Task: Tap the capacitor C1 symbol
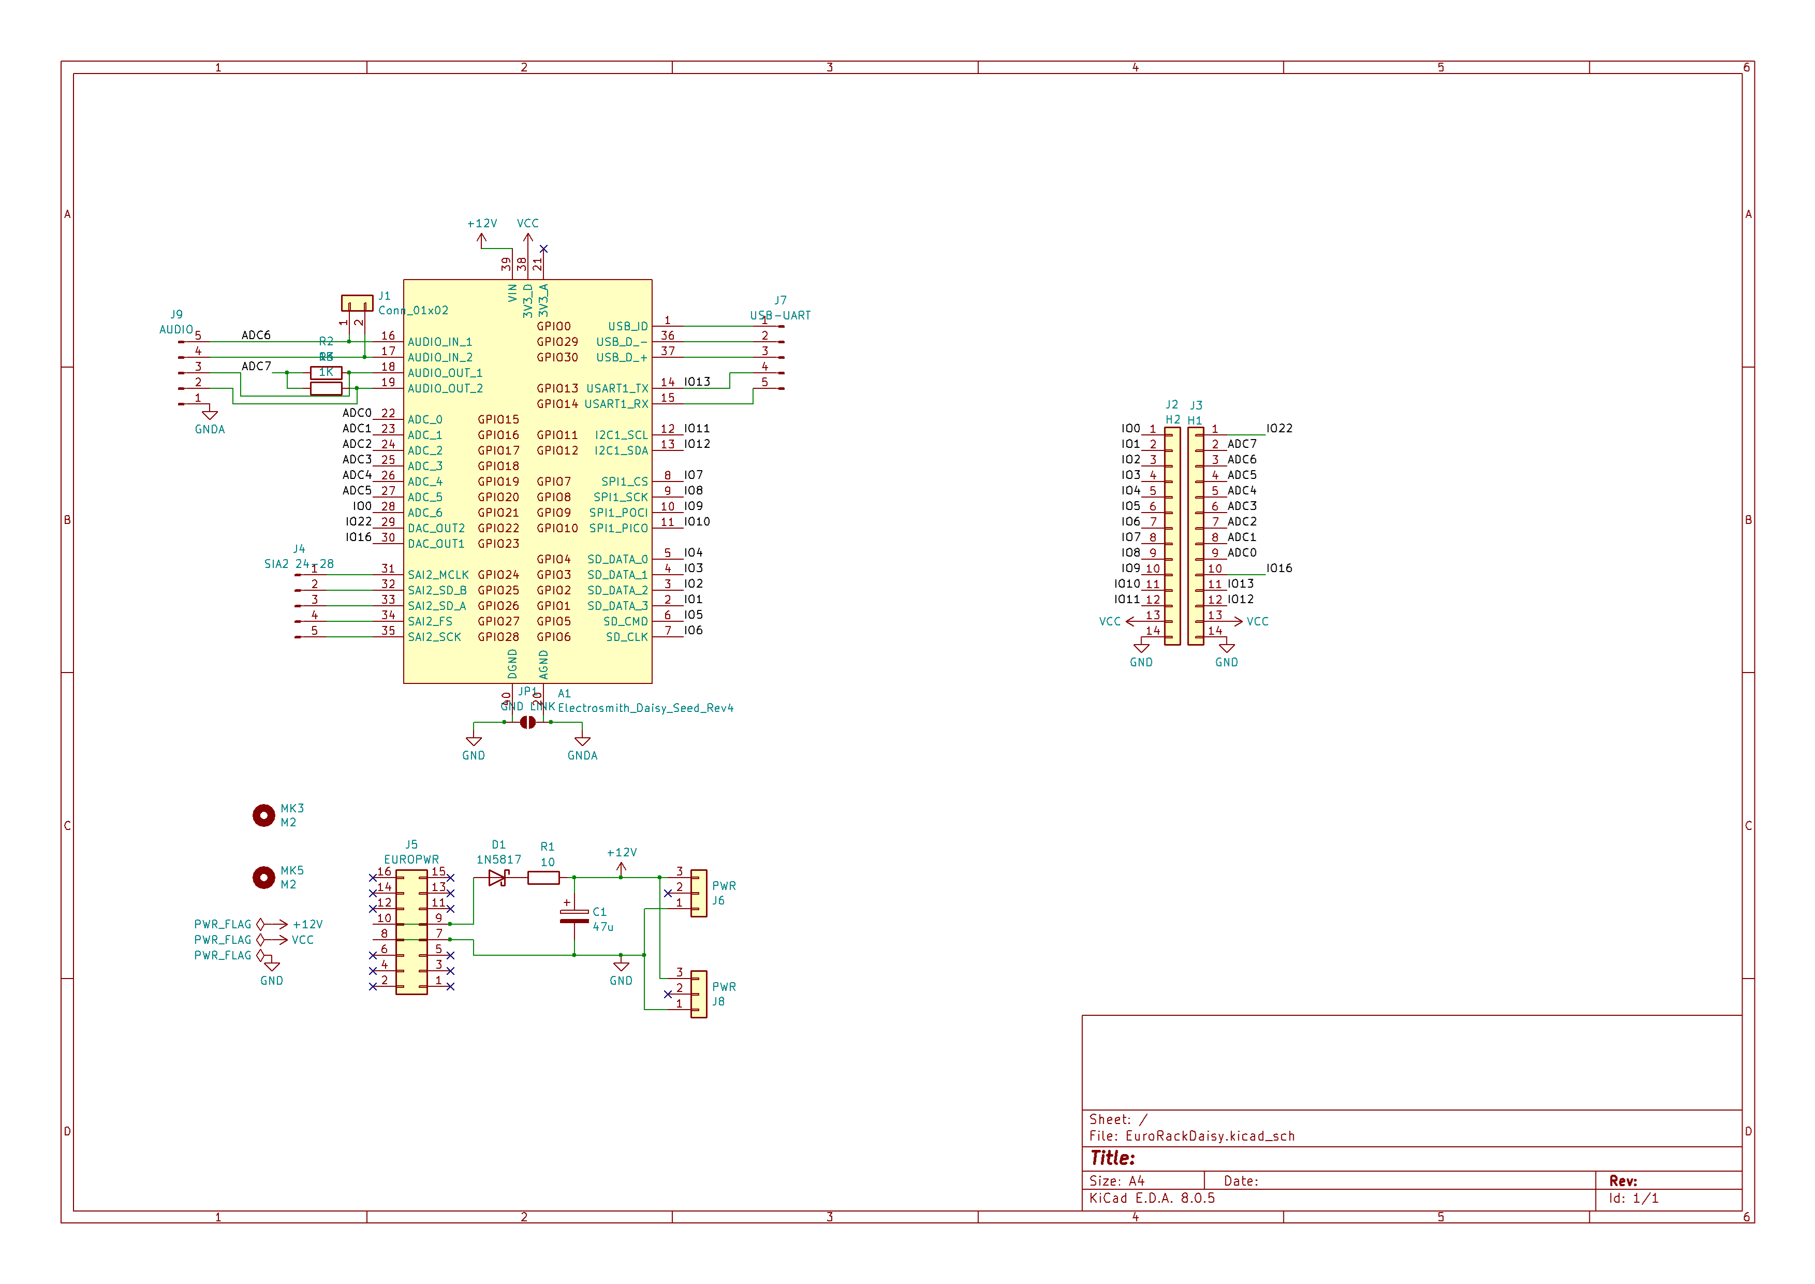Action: (x=574, y=917)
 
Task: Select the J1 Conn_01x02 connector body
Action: (x=357, y=303)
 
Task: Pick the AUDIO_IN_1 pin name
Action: (x=439, y=342)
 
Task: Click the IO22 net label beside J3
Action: (x=1278, y=429)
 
